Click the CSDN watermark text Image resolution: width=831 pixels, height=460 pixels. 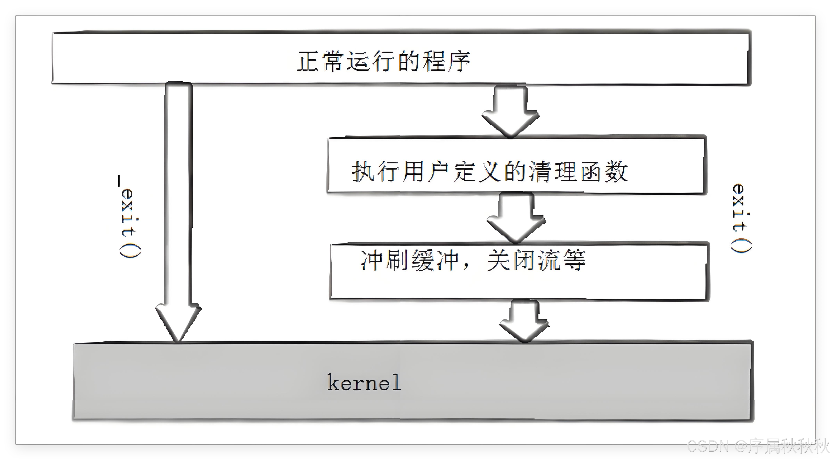[x=758, y=447]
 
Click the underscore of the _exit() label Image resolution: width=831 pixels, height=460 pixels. [x=119, y=181]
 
